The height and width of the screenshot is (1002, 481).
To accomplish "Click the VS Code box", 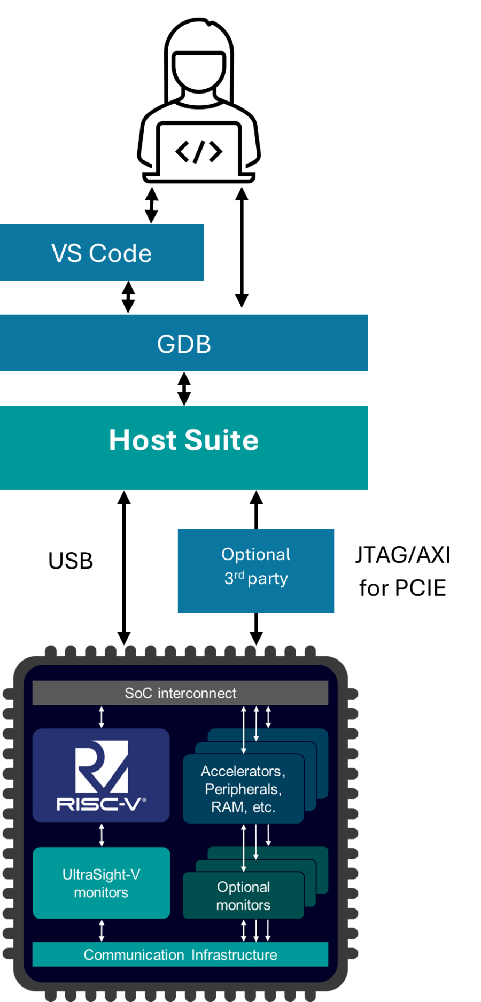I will pyautogui.click(x=102, y=253).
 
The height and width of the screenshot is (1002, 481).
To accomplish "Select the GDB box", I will pyautogui.click(x=184, y=343).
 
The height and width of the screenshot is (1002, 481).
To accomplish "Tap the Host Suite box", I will pyautogui.click(x=184, y=447).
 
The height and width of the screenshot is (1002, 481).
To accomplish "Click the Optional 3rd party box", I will pyautogui.click(x=255, y=571).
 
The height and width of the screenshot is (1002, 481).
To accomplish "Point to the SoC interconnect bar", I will pyautogui.click(x=180, y=693).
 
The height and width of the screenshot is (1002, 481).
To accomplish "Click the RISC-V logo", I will pyautogui.click(x=101, y=775).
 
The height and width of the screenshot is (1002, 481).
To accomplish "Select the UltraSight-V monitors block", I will pyautogui.click(x=101, y=883).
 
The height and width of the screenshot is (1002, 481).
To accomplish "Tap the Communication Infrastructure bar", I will pyautogui.click(x=180, y=954).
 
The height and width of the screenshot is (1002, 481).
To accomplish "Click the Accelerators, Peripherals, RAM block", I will pyautogui.click(x=243, y=789).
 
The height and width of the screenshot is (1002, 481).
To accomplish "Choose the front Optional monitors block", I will pyautogui.click(x=243, y=896).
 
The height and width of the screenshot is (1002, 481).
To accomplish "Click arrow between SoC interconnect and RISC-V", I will pyautogui.click(x=102, y=717).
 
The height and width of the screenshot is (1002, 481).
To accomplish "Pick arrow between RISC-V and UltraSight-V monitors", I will pyautogui.click(x=102, y=835).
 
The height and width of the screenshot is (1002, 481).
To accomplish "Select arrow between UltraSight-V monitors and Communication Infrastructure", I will pyautogui.click(x=102, y=930).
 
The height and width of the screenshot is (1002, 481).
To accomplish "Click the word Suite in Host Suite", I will pyautogui.click(x=221, y=440).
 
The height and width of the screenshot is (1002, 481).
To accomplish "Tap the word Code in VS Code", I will pyautogui.click(x=120, y=253).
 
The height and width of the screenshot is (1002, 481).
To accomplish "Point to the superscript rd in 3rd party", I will pyautogui.click(x=239, y=574).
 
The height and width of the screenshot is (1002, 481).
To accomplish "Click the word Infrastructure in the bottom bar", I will pyautogui.click(x=234, y=955).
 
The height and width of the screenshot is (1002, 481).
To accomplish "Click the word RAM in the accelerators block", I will pyautogui.click(x=227, y=807).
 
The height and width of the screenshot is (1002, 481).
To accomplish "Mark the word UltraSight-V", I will pyautogui.click(x=101, y=874).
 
